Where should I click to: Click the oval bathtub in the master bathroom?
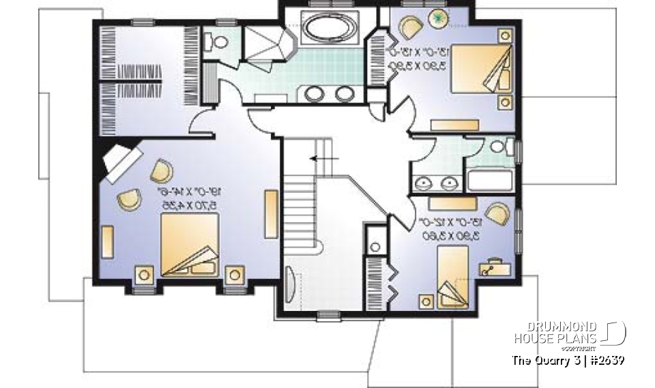tap(330, 30)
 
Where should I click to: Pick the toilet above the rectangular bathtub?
tap(499, 145)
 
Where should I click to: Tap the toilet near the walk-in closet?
tap(220, 42)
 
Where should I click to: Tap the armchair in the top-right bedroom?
tap(411, 29)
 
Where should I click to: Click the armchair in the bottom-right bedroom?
tap(497, 213)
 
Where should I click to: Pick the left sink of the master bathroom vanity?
tap(314, 93)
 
